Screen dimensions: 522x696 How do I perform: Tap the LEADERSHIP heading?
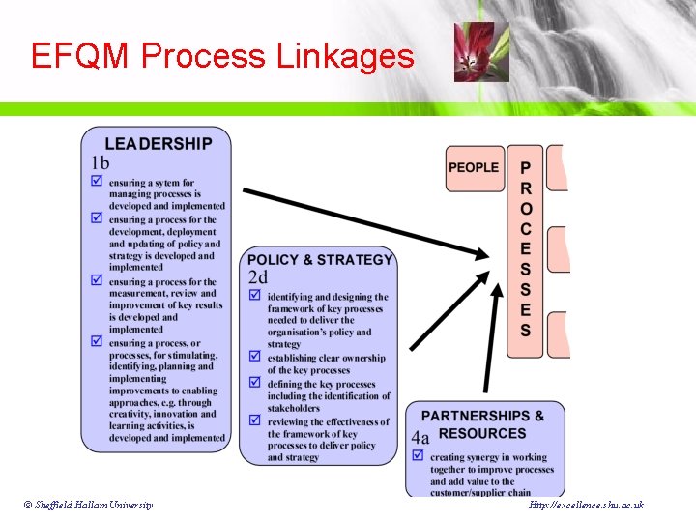pos(159,144)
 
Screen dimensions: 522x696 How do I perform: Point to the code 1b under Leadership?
pos(101,163)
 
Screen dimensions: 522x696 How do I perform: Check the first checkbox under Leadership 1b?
pos(97,182)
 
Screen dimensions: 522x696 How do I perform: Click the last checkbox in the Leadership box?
pos(97,341)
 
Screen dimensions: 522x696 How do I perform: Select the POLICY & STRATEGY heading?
pos(320,260)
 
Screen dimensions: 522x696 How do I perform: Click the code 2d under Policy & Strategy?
pos(258,278)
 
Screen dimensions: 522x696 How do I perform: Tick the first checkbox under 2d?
pos(255,297)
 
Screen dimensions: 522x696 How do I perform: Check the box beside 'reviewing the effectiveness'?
pos(255,421)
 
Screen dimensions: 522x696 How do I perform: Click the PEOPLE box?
pos(474,168)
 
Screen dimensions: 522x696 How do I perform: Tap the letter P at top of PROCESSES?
pos(526,167)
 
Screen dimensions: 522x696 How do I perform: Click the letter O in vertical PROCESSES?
pos(526,208)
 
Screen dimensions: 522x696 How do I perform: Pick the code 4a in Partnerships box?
pos(420,437)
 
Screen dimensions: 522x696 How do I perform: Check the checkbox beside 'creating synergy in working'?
pos(419,457)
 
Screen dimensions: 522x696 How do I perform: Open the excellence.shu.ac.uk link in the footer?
pos(586,506)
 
